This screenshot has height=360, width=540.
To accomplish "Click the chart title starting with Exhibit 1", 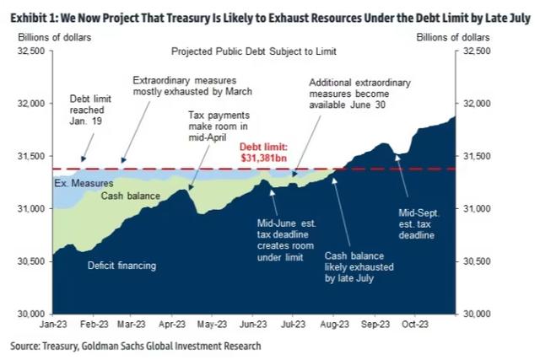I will [269, 11].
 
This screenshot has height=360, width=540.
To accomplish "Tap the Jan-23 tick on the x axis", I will [53, 322].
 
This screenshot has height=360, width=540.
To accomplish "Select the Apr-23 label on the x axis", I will [172, 322].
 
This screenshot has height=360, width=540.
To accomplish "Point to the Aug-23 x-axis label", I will [335, 322].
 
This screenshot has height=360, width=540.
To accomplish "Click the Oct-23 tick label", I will [416, 322].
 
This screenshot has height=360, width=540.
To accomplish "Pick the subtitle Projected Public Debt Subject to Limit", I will [254, 50].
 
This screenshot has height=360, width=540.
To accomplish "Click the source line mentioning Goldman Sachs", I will [136, 346].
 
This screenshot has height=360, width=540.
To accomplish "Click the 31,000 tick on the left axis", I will [31, 208].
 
